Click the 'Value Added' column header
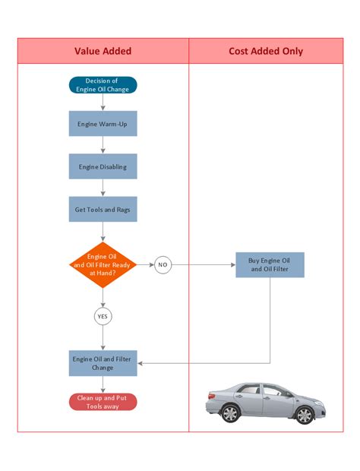pos(103,51)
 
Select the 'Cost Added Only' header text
pos(266,51)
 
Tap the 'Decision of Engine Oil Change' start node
pos(103,84)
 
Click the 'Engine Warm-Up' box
pos(103,123)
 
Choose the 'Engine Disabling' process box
pos(103,166)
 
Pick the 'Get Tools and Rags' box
pos(103,209)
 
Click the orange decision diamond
pos(103,264)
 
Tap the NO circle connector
pos(163,265)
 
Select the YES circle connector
pos(103,315)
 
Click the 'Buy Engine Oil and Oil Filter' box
pos(270,264)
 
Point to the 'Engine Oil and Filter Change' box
pos(103,362)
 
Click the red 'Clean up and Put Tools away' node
pos(103,401)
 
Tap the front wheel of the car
pos(229,413)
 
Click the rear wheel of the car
pos(304,414)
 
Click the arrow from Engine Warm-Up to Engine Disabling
pos(103,145)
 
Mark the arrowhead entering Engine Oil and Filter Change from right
pos(141,362)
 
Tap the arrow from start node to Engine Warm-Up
pos(103,102)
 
